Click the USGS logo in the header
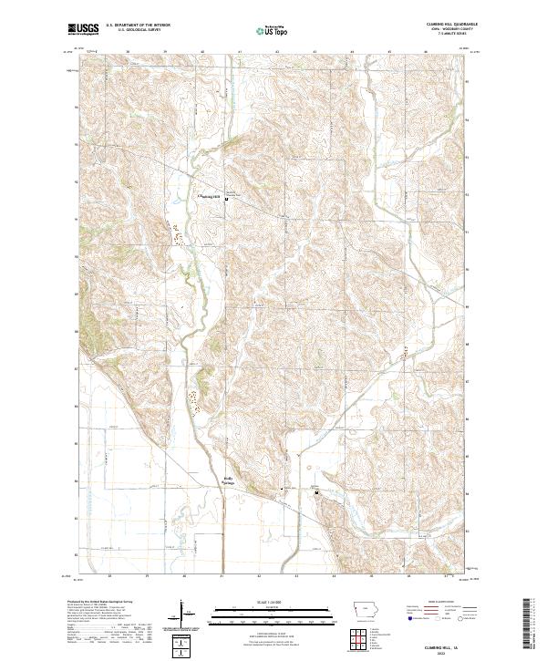coord(84,29)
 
